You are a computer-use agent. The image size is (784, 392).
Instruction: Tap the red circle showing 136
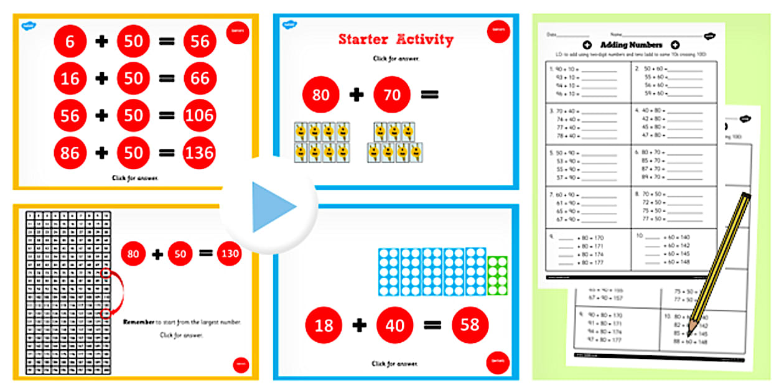199,153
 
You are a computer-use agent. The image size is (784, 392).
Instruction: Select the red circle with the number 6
70,41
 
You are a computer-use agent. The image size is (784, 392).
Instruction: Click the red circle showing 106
199,116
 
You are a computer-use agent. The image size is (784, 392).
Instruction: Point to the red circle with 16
70,78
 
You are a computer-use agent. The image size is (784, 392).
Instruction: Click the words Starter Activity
396,39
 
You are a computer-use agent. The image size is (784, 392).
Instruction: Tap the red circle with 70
392,95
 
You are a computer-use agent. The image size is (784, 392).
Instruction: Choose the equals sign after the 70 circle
429,95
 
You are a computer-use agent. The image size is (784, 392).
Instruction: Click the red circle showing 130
229,253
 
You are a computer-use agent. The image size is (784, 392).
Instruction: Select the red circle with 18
324,325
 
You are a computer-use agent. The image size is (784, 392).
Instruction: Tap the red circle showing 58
470,325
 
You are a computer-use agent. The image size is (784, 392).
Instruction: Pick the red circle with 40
394,325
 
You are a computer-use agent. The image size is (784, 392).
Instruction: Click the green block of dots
497,276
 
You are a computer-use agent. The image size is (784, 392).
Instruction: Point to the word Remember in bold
141,322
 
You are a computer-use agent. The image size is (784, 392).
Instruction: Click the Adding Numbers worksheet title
630,45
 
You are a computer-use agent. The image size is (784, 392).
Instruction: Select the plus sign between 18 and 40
359,325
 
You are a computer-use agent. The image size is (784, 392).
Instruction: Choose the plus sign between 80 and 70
356,95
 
